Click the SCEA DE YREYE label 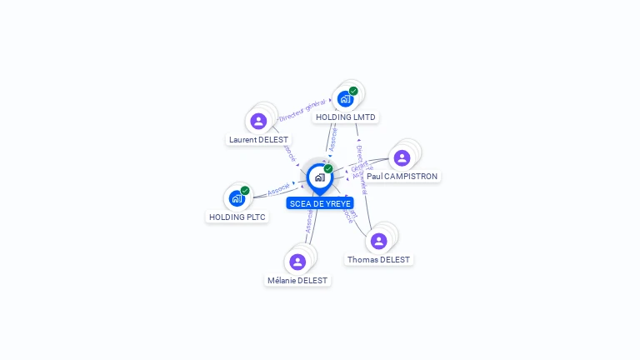320,203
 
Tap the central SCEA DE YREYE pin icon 320,177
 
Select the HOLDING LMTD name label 346,117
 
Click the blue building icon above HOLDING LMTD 345,99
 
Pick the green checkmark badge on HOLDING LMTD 353,91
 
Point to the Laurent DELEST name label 258,140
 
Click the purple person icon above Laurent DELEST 258,121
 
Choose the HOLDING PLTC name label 237,217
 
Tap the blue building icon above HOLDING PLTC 237,198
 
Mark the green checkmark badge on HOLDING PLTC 245,190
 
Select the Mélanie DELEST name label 297,281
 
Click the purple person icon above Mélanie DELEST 297,262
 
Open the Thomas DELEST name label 379,260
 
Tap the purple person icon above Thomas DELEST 379,241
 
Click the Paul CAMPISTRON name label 402,177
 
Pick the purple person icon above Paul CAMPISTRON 402,157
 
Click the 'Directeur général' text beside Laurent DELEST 302,109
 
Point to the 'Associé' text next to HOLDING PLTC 278,188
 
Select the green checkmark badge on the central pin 328,169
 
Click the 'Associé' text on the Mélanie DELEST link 309,222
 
